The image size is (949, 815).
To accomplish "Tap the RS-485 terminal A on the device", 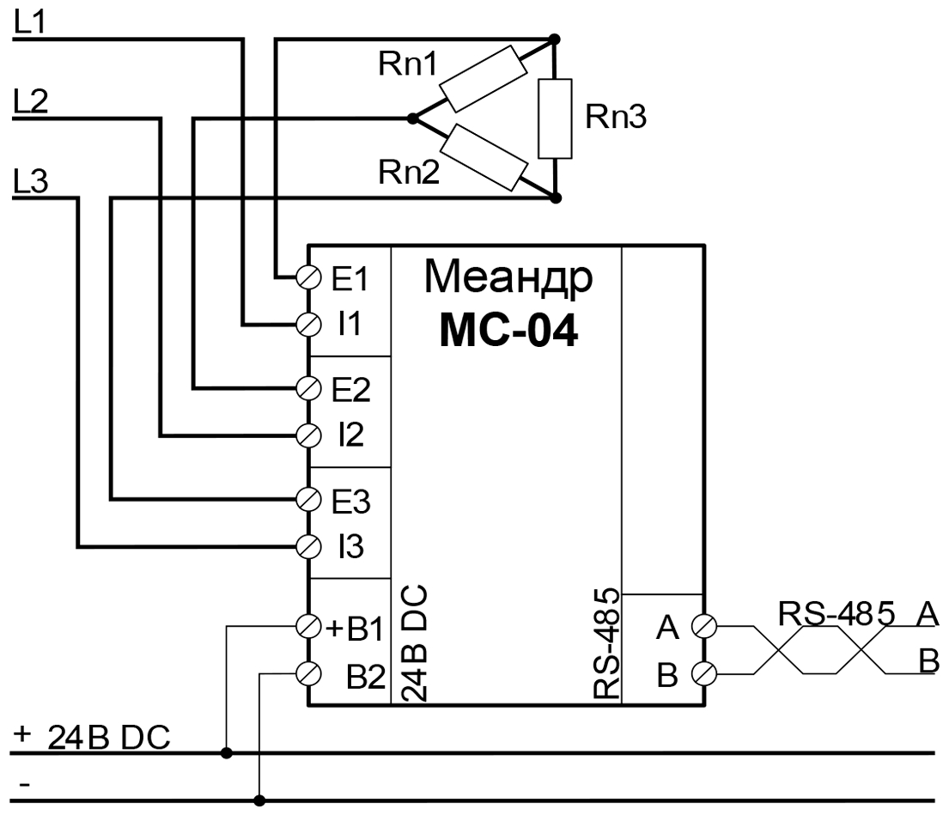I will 704,626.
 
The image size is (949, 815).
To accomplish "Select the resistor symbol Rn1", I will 481,79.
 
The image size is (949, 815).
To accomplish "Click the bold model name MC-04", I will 508,332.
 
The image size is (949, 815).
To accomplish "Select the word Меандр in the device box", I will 508,279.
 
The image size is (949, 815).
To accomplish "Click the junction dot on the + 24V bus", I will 226,753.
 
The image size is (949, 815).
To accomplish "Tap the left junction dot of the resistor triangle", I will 412,119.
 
